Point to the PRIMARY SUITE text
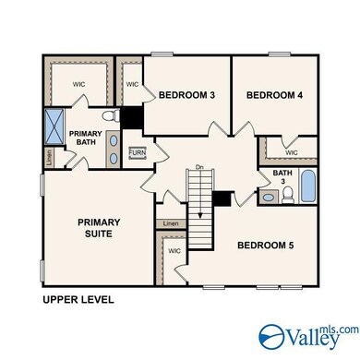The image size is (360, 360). tap(98, 227)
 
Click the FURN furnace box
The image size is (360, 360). tap(137, 152)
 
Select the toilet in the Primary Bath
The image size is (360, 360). tap(109, 117)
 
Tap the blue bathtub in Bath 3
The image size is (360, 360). tap(307, 187)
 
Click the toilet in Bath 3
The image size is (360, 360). tap(287, 194)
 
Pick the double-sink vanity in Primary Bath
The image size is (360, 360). tap(114, 149)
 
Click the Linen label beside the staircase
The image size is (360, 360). tap(170, 223)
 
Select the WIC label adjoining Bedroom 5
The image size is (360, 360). tap(175, 251)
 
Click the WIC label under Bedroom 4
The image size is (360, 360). tap(292, 152)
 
